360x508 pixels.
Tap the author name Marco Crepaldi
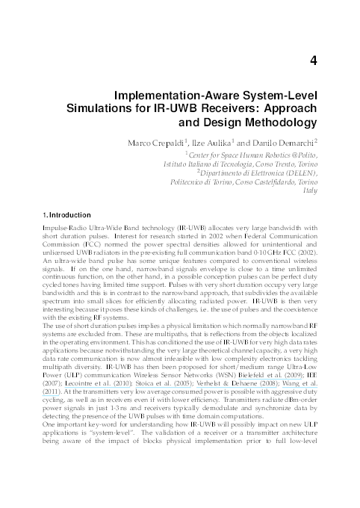(x=193, y=142)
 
